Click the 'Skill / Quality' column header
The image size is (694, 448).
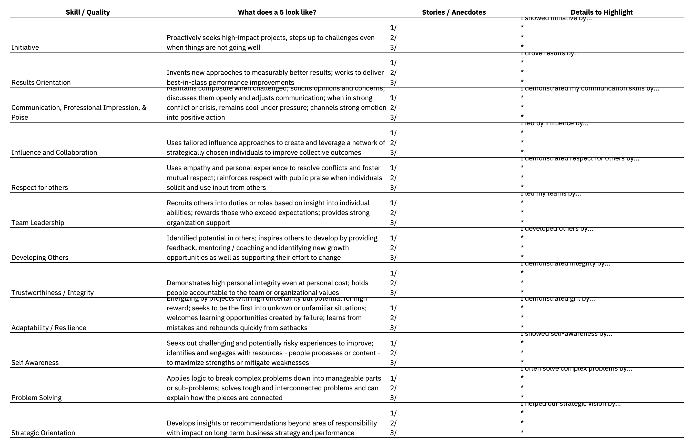point(88,12)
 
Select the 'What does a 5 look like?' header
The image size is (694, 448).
point(277,12)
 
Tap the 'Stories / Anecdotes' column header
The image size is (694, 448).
point(454,12)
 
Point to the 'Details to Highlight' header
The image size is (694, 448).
point(601,12)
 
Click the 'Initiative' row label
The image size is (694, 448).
point(25,47)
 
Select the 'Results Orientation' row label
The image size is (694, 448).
point(41,83)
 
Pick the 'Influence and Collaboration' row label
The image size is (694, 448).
point(54,153)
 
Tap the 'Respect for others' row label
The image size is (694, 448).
point(39,188)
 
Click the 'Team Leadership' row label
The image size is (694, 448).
point(38,223)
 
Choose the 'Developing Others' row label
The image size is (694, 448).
point(40,258)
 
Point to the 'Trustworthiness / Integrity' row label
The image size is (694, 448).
point(53,293)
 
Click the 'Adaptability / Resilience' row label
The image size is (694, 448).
point(49,328)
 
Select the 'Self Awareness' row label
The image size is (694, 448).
point(35,363)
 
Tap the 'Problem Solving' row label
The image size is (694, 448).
point(37,398)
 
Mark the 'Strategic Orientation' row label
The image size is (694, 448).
point(43,433)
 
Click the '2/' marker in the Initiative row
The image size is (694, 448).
point(393,38)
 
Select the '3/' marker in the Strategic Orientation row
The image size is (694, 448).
point(393,433)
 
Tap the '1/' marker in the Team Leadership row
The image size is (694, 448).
point(393,203)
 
